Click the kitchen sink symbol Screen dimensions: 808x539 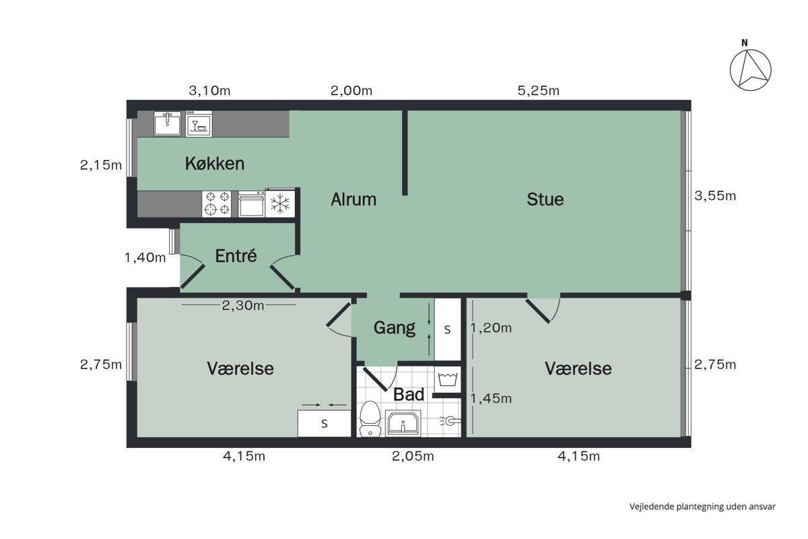click(x=168, y=123)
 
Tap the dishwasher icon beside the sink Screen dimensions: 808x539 click(x=199, y=124)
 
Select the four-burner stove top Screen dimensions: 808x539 click(x=216, y=204)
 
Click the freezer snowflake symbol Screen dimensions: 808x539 click(x=280, y=203)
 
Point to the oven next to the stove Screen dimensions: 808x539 click(x=251, y=204)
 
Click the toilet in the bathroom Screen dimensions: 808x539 click(x=370, y=419)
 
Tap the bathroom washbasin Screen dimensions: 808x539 click(x=403, y=423)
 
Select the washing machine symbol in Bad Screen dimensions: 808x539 click(x=448, y=379)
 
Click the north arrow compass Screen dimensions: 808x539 click(x=751, y=69)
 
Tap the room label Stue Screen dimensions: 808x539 click(x=545, y=199)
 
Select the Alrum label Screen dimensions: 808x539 click(x=353, y=199)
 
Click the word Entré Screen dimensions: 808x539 click(x=236, y=256)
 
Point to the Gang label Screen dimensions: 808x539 click(x=395, y=328)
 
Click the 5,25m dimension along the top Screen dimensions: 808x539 click(x=539, y=90)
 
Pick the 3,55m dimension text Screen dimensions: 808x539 click(x=715, y=195)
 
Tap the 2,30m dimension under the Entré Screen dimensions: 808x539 click(x=243, y=305)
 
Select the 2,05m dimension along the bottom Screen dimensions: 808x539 click(x=413, y=456)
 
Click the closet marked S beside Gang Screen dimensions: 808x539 click(x=448, y=329)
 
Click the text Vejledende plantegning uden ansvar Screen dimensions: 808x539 click(x=702, y=507)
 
